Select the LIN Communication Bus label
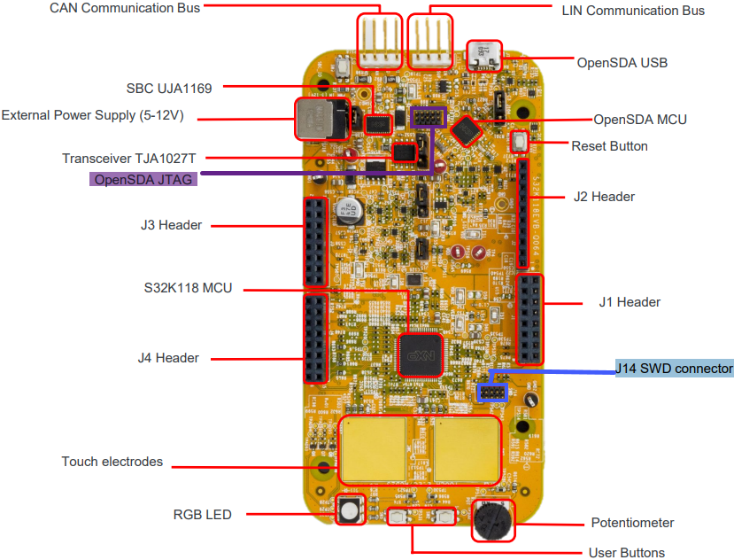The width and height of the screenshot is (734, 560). (633, 11)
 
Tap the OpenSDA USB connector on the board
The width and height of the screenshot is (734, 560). (484, 55)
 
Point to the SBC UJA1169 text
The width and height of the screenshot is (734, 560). (174, 88)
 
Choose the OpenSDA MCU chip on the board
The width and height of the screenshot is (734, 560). (466, 131)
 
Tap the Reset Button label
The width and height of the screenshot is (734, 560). (609, 145)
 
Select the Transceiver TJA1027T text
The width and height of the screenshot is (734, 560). (127, 159)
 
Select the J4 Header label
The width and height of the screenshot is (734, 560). (168, 358)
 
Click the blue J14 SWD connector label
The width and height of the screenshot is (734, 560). (675, 368)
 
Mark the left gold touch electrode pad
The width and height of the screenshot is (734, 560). (374, 448)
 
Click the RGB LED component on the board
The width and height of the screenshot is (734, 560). (350, 510)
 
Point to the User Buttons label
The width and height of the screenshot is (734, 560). (626, 553)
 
